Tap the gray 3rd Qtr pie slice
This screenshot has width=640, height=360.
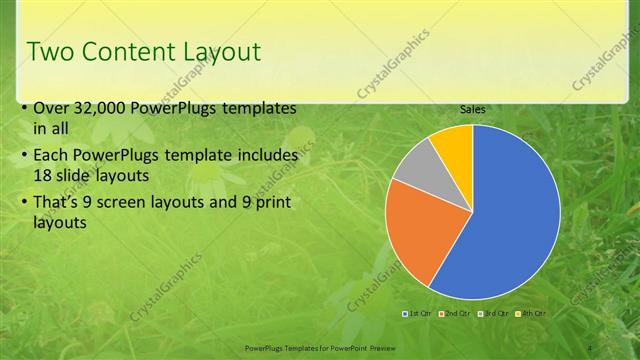point(416,162)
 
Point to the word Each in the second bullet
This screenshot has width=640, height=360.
point(51,157)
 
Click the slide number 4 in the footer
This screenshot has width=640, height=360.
point(590,345)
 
